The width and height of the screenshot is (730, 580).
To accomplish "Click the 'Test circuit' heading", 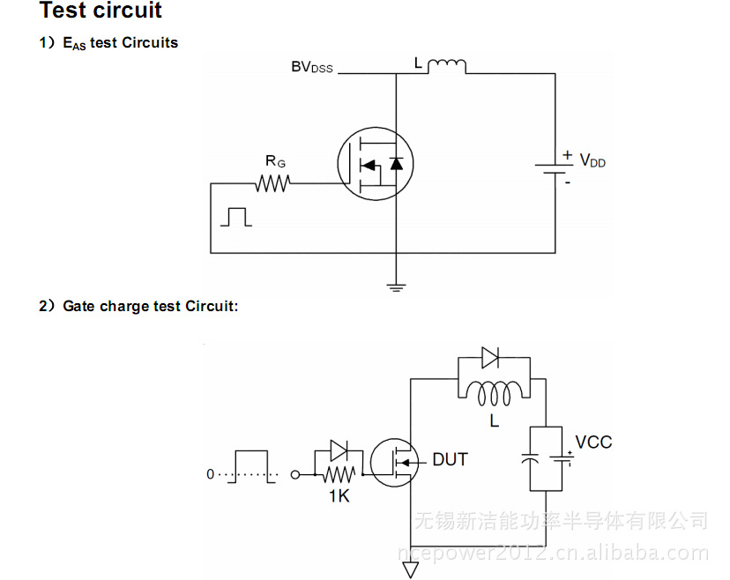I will click(x=101, y=11).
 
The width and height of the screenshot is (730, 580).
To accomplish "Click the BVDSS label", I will click(x=312, y=67).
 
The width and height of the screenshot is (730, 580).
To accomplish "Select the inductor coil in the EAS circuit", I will click(x=447, y=66).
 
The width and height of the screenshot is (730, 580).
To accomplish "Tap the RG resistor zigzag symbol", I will click(x=272, y=183).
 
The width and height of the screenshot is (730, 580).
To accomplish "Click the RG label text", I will click(x=275, y=161).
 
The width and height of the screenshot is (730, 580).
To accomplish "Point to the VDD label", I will click(x=592, y=160).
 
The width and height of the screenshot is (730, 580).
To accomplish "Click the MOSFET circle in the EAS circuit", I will click(x=376, y=163).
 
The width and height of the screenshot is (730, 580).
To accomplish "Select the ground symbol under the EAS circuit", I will click(x=396, y=285).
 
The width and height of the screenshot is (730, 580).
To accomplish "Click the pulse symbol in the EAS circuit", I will click(x=235, y=217).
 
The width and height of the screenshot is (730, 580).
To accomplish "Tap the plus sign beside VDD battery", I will click(x=567, y=154).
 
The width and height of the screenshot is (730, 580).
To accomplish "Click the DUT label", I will click(x=450, y=459).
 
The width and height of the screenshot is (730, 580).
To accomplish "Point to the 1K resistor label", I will click(x=339, y=496).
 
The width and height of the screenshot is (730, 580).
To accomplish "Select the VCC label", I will click(x=593, y=442).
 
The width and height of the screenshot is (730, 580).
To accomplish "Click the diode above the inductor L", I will click(x=490, y=358).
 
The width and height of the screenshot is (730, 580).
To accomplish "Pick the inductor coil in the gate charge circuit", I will click(x=494, y=390).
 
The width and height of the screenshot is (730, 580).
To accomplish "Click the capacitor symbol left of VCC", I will click(x=530, y=460).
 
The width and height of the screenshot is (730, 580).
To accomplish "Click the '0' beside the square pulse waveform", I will click(x=210, y=474).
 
